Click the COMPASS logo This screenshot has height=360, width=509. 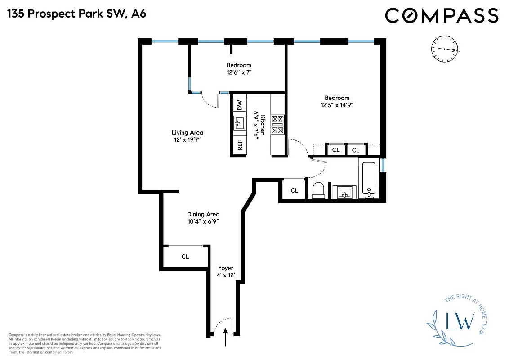(442, 15)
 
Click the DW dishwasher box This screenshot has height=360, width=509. (240, 105)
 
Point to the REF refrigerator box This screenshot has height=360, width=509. (240, 145)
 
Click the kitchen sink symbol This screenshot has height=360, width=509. (240, 122)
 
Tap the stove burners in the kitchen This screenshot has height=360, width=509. (277, 125)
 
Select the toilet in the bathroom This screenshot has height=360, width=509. (319, 190)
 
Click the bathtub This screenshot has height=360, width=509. (369, 179)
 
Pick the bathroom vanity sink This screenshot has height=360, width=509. (344, 192)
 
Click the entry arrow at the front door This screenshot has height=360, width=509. (225, 337)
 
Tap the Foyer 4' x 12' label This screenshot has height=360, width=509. (226, 271)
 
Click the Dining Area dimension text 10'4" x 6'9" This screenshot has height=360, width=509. (203, 221)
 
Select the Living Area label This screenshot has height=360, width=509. (187, 132)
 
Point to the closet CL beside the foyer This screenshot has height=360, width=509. (185, 257)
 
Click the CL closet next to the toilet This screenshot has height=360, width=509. (294, 190)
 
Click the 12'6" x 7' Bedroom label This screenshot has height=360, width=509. (239, 68)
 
